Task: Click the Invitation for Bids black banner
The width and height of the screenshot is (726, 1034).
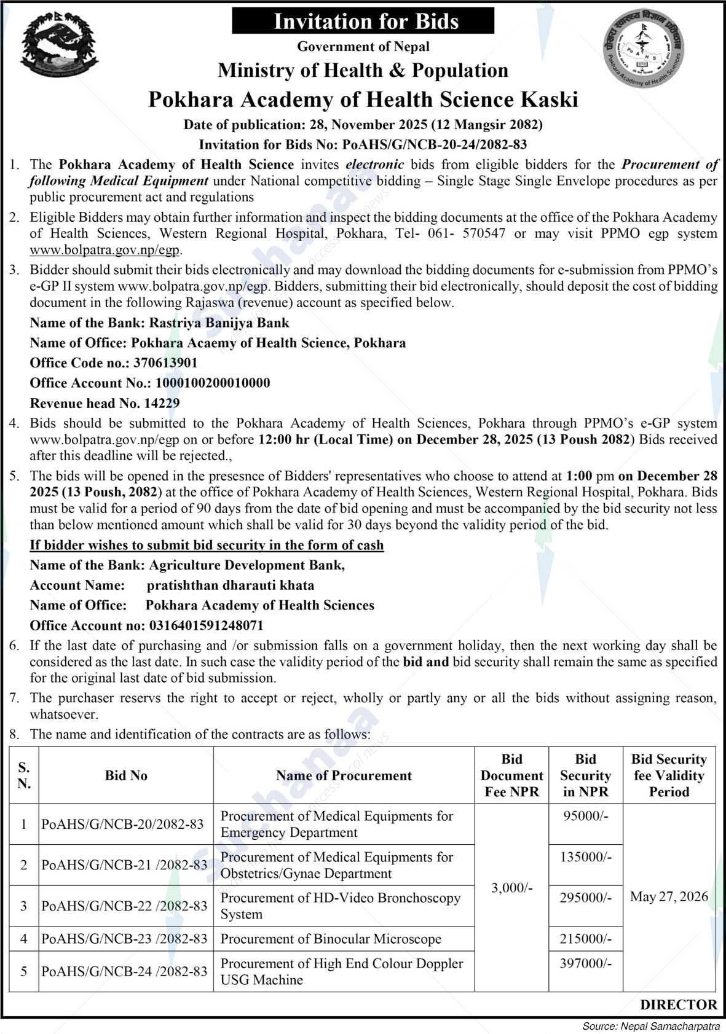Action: click(363, 22)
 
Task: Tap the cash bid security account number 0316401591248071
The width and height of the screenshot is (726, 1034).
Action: click(206, 625)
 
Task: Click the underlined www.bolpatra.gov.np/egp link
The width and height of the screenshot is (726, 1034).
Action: click(106, 250)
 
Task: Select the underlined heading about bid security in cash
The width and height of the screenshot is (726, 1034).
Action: click(207, 545)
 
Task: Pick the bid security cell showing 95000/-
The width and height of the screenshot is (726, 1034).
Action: click(585, 816)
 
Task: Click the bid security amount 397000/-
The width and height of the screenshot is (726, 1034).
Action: click(585, 963)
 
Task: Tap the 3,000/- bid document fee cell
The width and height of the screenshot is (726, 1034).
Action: click(511, 888)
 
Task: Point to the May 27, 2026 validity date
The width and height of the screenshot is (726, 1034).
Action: click(669, 896)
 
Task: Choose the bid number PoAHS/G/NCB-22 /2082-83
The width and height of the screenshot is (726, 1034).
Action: click(125, 906)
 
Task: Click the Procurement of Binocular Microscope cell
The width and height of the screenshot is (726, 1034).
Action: click(331, 939)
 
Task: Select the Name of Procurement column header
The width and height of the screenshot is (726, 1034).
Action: click(344, 775)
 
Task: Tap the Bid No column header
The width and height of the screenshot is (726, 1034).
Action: click(126, 775)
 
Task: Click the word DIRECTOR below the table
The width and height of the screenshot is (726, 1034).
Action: click(678, 1005)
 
